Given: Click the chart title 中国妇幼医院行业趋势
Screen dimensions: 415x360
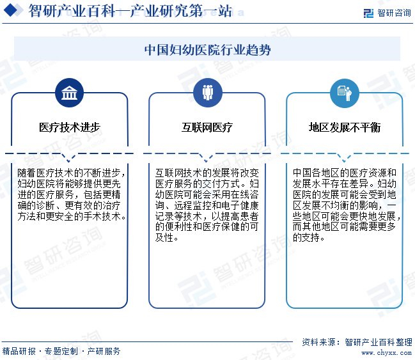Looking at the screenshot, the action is tap(207, 49).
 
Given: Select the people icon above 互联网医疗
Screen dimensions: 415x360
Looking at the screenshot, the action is tap(207, 93).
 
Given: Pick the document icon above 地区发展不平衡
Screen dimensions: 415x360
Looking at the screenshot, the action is tap(344, 93).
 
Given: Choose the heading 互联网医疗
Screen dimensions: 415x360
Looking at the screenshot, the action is tap(207, 127).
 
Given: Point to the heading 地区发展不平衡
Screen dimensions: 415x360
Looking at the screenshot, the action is tap(344, 127).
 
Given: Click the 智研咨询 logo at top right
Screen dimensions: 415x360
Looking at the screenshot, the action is tap(386, 13).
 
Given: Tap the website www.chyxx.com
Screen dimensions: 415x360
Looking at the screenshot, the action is tap(380, 352).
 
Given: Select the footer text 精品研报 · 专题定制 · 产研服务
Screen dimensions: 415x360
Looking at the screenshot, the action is tap(61, 351).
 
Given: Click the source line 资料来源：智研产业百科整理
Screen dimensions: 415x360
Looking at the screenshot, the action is tap(357, 341).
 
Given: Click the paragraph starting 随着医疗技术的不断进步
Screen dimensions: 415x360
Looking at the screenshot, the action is tap(70, 194).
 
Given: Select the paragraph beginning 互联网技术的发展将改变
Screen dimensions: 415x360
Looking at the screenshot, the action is tap(207, 205).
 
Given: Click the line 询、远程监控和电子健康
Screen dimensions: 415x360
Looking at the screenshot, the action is tap(207, 205).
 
